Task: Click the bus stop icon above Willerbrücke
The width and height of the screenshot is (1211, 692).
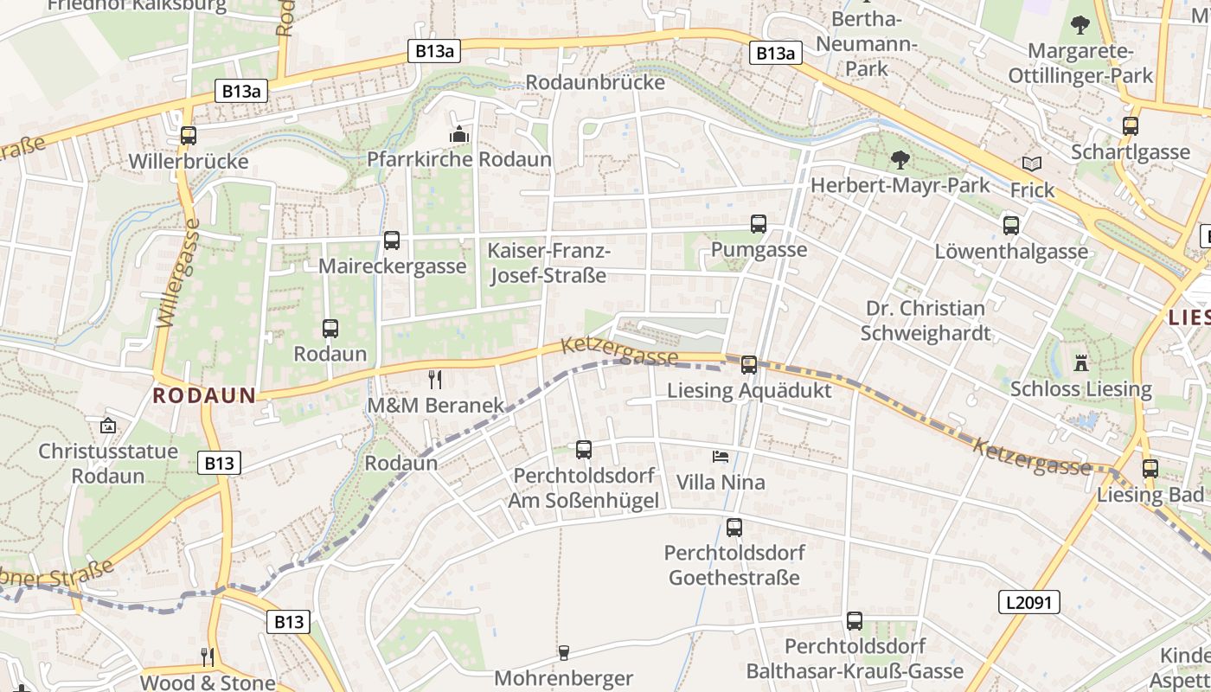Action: pyautogui.click(x=189, y=136)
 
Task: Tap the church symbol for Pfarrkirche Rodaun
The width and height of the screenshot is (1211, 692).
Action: pyautogui.click(x=458, y=134)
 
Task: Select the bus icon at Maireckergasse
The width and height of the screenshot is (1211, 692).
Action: pyautogui.click(x=392, y=240)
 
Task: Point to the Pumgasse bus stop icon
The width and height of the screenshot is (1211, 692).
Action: pyautogui.click(x=759, y=224)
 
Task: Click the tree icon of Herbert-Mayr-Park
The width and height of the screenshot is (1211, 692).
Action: pyautogui.click(x=900, y=160)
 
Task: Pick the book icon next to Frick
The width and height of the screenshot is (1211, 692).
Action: pyautogui.click(x=1031, y=163)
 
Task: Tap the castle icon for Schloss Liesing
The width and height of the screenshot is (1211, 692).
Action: pyautogui.click(x=1080, y=362)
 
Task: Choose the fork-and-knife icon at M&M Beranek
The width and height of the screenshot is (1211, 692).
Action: pyautogui.click(x=435, y=379)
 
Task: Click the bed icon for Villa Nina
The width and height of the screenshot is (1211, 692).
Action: pyautogui.click(x=721, y=456)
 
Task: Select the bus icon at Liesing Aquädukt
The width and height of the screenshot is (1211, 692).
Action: pyautogui.click(x=749, y=365)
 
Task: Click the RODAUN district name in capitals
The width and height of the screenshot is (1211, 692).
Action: pyautogui.click(x=204, y=396)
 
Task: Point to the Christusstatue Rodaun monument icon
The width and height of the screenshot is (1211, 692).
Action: pyautogui.click(x=108, y=426)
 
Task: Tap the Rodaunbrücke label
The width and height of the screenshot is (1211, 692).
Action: pyautogui.click(x=595, y=82)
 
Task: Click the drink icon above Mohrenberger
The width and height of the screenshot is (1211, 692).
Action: pyautogui.click(x=564, y=653)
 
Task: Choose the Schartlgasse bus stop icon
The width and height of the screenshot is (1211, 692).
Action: pyautogui.click(x=1131, y=126)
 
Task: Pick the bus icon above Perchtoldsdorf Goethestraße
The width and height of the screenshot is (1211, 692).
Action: pyautogui.click(x=734, y=527)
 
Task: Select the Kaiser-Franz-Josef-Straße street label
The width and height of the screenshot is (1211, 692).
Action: pyautogui.click(x=548, y=263)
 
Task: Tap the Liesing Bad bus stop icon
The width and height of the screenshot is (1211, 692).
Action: pyautogui.click(x=1150, y=469)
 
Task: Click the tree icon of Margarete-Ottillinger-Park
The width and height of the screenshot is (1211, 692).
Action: pyautogui.click(x=1080, y=25)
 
